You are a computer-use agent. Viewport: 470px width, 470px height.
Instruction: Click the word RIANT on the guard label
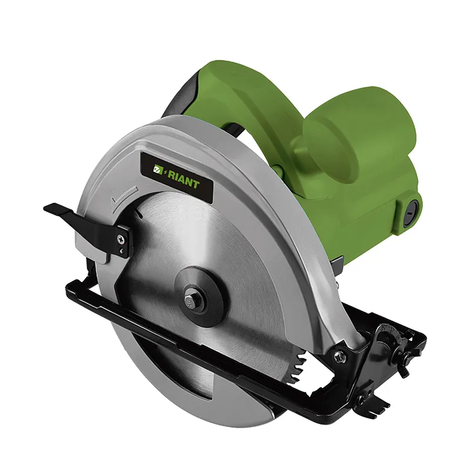pos(183,179)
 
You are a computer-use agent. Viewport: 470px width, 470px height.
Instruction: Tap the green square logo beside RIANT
pos(157,169)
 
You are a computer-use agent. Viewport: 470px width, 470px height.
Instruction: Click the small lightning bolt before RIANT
pos(164,172)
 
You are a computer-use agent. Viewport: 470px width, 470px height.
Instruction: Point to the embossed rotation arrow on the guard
pos(123,196)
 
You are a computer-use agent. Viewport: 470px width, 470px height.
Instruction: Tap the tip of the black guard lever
pos(45,209)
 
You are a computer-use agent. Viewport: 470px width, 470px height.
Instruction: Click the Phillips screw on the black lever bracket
pos(122,239)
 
